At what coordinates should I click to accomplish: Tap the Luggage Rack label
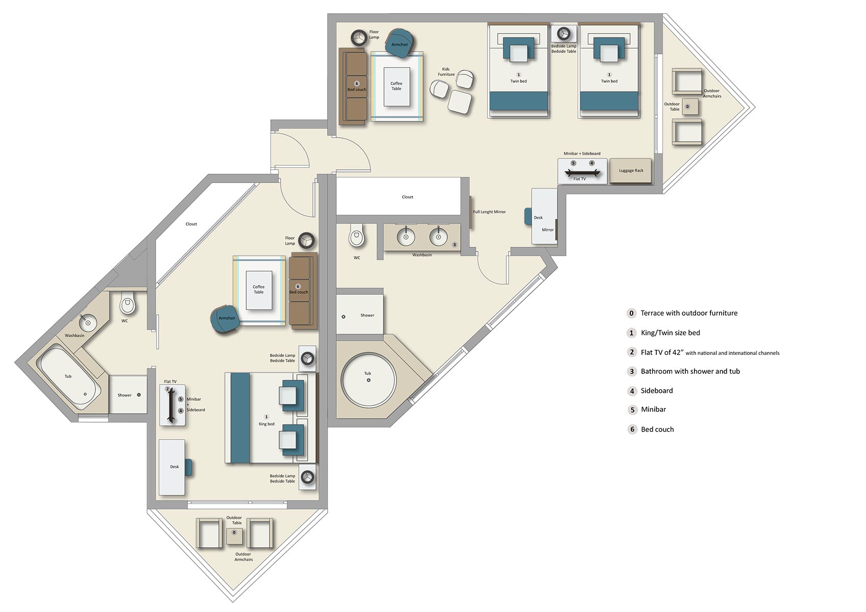(x=631, y=171)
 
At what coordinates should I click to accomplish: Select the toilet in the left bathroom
(x=128, y=305)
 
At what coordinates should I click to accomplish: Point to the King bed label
(x=266, y=424)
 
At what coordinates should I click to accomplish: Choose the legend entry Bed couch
(x=657, y=429)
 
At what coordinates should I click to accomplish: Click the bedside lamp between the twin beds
(x=563, y=34)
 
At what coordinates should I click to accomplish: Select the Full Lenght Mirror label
(x=489, y=212)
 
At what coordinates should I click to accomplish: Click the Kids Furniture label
(x=446, y=72)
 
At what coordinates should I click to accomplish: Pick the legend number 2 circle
(x=631, y=352)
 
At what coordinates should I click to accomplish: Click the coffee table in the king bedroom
(x=259, y=290)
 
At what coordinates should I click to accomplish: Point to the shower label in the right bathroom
(x=367, y=315)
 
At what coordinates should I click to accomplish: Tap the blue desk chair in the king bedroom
(x=189, y=467)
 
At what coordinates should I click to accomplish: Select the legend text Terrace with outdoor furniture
(x=688, y=313)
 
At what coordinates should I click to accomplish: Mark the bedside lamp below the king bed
(x=307, y=477)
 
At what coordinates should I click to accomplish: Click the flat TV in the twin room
(x=579, y=173)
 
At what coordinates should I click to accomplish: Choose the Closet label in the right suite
(x=407, y=197)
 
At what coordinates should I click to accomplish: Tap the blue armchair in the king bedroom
(x=225, y=319)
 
